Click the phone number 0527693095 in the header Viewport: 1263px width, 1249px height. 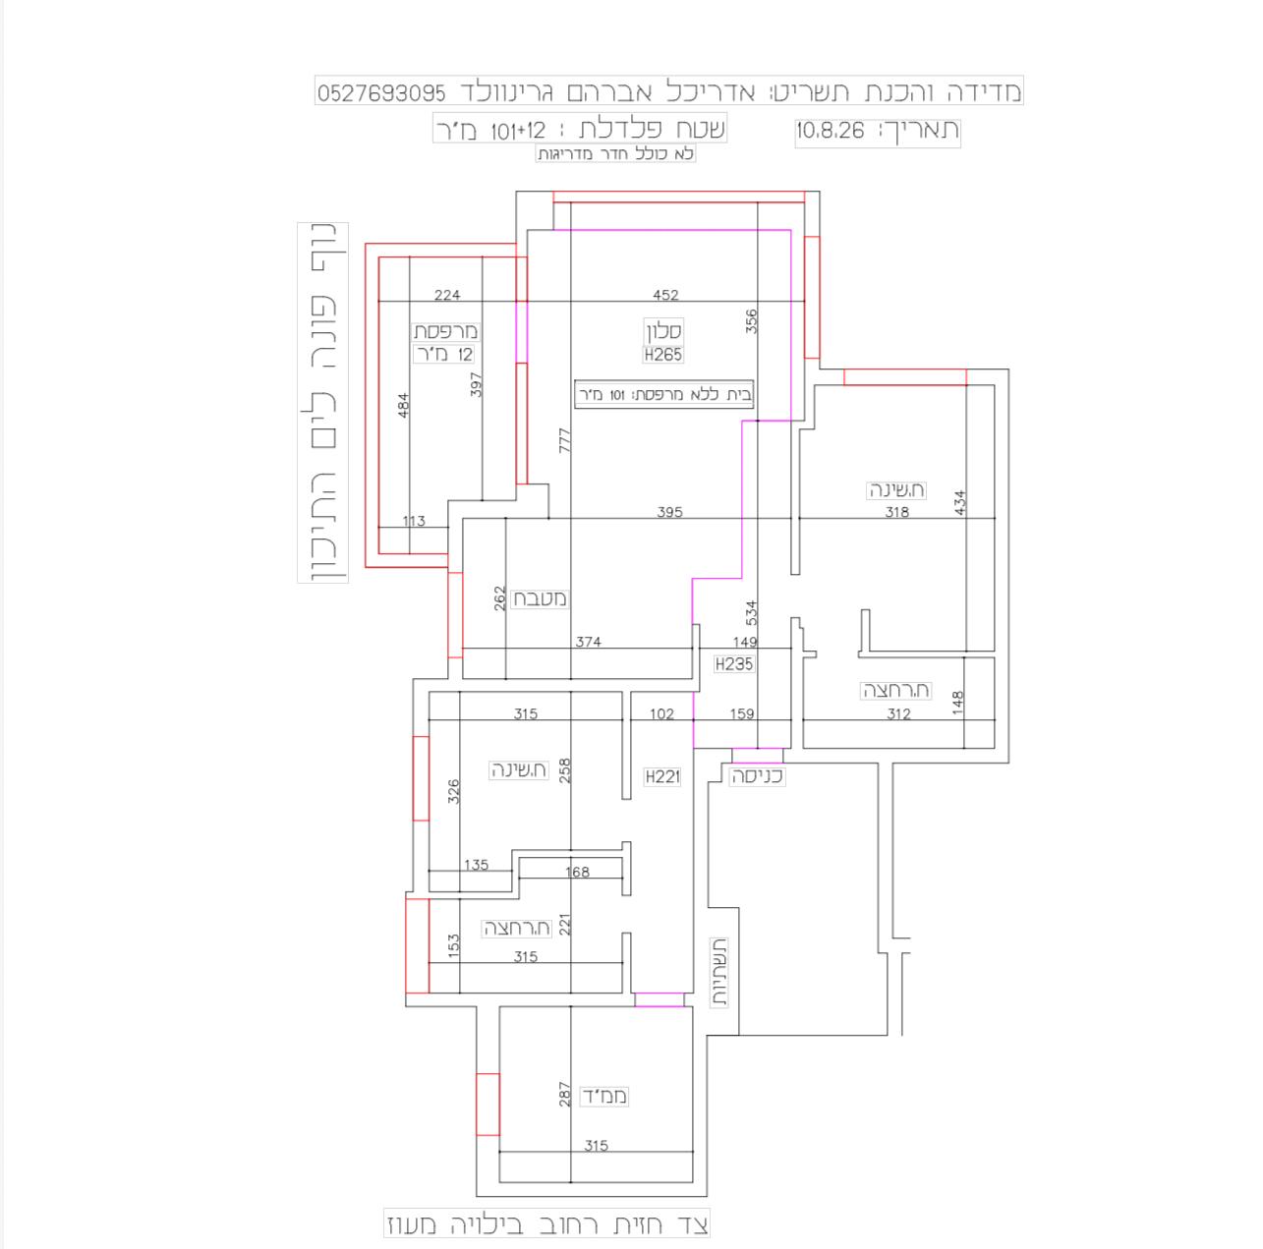381,93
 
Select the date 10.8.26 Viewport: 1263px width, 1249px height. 831,131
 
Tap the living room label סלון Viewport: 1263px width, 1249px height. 664,331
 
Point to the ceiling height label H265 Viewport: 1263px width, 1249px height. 663,355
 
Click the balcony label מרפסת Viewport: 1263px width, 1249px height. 445,331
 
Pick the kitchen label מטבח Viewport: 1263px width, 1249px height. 540,598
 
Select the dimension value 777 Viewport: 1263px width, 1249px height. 564,440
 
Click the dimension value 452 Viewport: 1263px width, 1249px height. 665,295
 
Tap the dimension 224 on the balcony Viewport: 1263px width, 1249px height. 447,295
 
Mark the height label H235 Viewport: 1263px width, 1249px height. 734,664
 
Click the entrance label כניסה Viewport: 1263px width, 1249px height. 757,776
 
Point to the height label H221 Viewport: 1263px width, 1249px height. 662,776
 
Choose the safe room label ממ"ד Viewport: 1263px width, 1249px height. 604,1096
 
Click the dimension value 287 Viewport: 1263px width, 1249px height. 564,1095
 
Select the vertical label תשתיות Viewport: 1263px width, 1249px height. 719,973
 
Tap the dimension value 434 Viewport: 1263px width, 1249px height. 959,502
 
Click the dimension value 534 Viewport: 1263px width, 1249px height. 751,612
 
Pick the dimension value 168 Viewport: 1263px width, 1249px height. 577,872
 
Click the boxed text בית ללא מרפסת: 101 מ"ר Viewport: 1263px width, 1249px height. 664,394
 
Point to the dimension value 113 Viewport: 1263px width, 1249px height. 414,521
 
